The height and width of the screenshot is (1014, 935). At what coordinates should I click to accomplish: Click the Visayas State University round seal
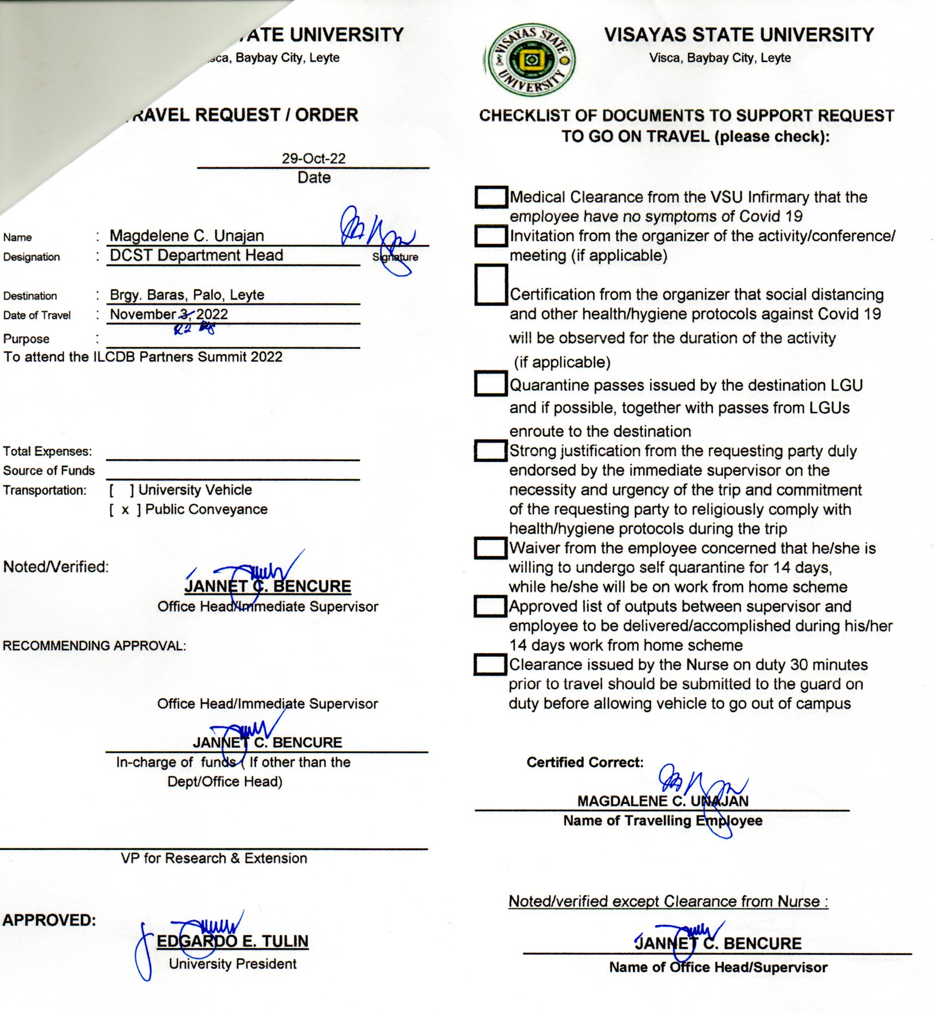point(530,60)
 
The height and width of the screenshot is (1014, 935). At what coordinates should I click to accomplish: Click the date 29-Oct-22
point(313,158)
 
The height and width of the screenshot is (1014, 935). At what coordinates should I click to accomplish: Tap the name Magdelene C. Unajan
point(187,236)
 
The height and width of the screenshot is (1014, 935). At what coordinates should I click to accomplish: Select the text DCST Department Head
point(196,255)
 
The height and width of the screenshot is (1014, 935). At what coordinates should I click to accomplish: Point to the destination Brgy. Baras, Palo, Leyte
point(187,295)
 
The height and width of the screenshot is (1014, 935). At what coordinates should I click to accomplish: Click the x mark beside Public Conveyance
point(125,510)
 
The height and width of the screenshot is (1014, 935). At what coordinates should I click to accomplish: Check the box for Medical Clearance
point(491,197)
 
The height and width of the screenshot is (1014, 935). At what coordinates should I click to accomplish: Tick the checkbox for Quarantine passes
point(490,384)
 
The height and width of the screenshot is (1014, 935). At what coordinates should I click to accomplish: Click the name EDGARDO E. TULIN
point(232,941)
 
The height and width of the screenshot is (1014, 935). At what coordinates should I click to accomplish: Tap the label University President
point(232,964)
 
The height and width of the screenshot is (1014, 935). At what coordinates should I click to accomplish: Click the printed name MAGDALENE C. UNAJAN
point(662,801)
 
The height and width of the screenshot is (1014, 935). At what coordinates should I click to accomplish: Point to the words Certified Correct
point(585,762)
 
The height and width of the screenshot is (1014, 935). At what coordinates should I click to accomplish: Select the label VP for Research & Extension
point(214,858)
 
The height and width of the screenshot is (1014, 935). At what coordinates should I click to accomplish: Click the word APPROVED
point(49,920)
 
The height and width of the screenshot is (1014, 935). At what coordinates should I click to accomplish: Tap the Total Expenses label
point(47,452)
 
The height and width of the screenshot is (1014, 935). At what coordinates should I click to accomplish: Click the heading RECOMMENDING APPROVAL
point(94,646)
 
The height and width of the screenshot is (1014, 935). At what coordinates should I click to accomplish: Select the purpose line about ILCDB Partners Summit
point(143,357)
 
